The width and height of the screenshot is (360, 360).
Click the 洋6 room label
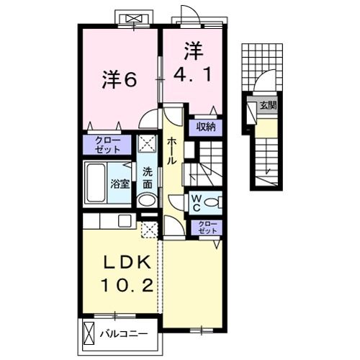click(120, 80)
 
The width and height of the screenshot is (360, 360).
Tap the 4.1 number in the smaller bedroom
click(193, 74)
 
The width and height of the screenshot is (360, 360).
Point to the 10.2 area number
click(127, 285)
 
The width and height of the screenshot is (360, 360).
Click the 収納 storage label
click(206, 127)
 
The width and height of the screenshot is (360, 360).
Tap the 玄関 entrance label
click(269, 105)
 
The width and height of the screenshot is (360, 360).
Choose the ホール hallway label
click(172, 150)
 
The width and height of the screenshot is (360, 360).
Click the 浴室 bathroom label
click(120, 184)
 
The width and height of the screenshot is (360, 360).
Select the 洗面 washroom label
click(148, 178)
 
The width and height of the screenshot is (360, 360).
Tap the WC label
click(197, 203)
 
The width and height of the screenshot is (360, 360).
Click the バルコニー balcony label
click(124, 334)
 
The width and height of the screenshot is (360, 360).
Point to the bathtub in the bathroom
click(96, 183)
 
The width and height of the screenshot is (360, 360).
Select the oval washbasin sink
click(147, 200)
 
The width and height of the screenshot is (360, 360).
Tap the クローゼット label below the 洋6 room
click(107, 145)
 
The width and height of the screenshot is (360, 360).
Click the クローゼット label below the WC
click(207, 228)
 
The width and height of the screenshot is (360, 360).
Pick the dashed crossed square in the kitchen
click(150, 230)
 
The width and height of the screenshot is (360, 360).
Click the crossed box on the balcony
click(89, 333)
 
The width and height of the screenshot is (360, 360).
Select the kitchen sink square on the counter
click(125, 220)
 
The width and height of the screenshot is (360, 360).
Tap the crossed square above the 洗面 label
click(148, 143)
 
